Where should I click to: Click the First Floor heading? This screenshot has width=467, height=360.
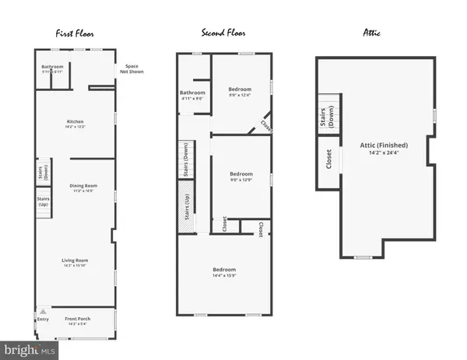click(x=75, y=33)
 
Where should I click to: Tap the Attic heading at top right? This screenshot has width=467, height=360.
click(x=374, y=33)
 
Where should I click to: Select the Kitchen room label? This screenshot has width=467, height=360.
click(x=75, y=123)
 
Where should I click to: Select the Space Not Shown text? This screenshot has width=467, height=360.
click(x=132, y=70)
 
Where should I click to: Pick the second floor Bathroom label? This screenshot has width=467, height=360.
click(x=192, y=95)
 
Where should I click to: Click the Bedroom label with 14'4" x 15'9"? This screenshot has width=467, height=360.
click(x=224, y=272)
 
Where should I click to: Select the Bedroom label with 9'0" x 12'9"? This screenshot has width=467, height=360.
click(x=239, y=175)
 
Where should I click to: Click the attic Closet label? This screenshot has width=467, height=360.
click(x=328, y=159)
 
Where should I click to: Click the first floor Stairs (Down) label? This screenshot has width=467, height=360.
click(x=44, y=171)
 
